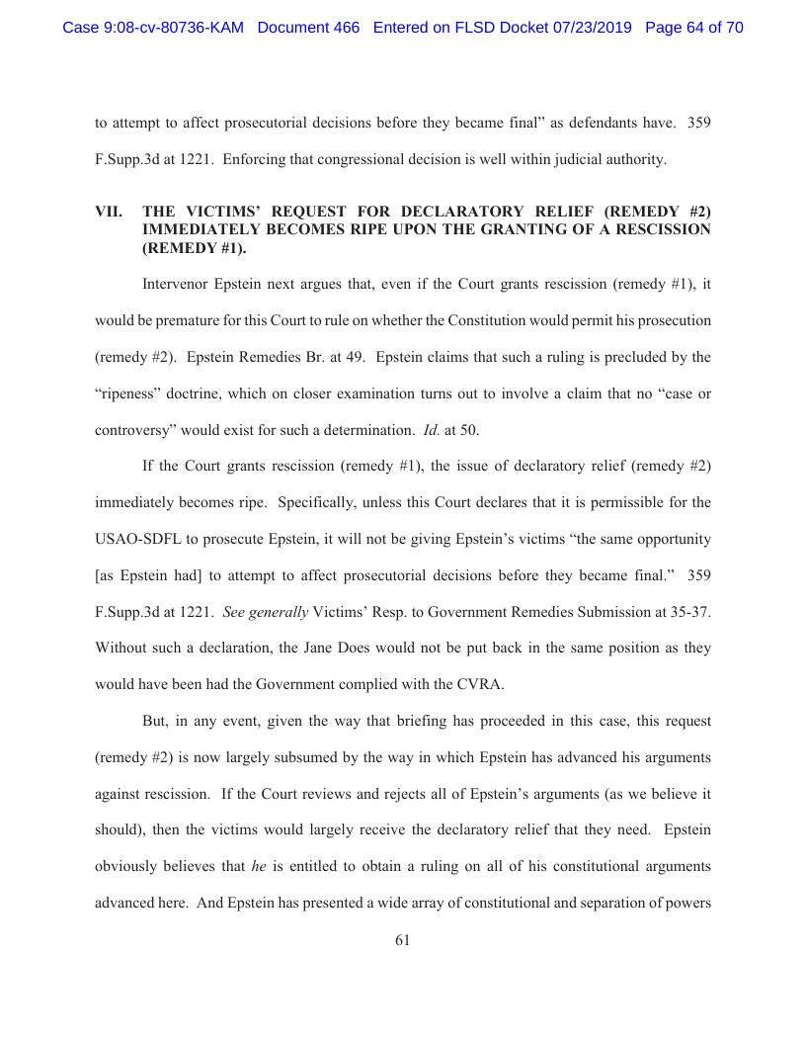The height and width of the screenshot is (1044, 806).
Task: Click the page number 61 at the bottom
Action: click(402, 941)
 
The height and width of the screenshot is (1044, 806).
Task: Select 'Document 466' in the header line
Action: click(308, 28)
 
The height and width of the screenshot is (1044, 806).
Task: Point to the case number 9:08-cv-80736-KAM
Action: click(154, 28)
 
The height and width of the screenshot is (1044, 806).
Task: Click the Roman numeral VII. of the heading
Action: click(108, 211)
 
